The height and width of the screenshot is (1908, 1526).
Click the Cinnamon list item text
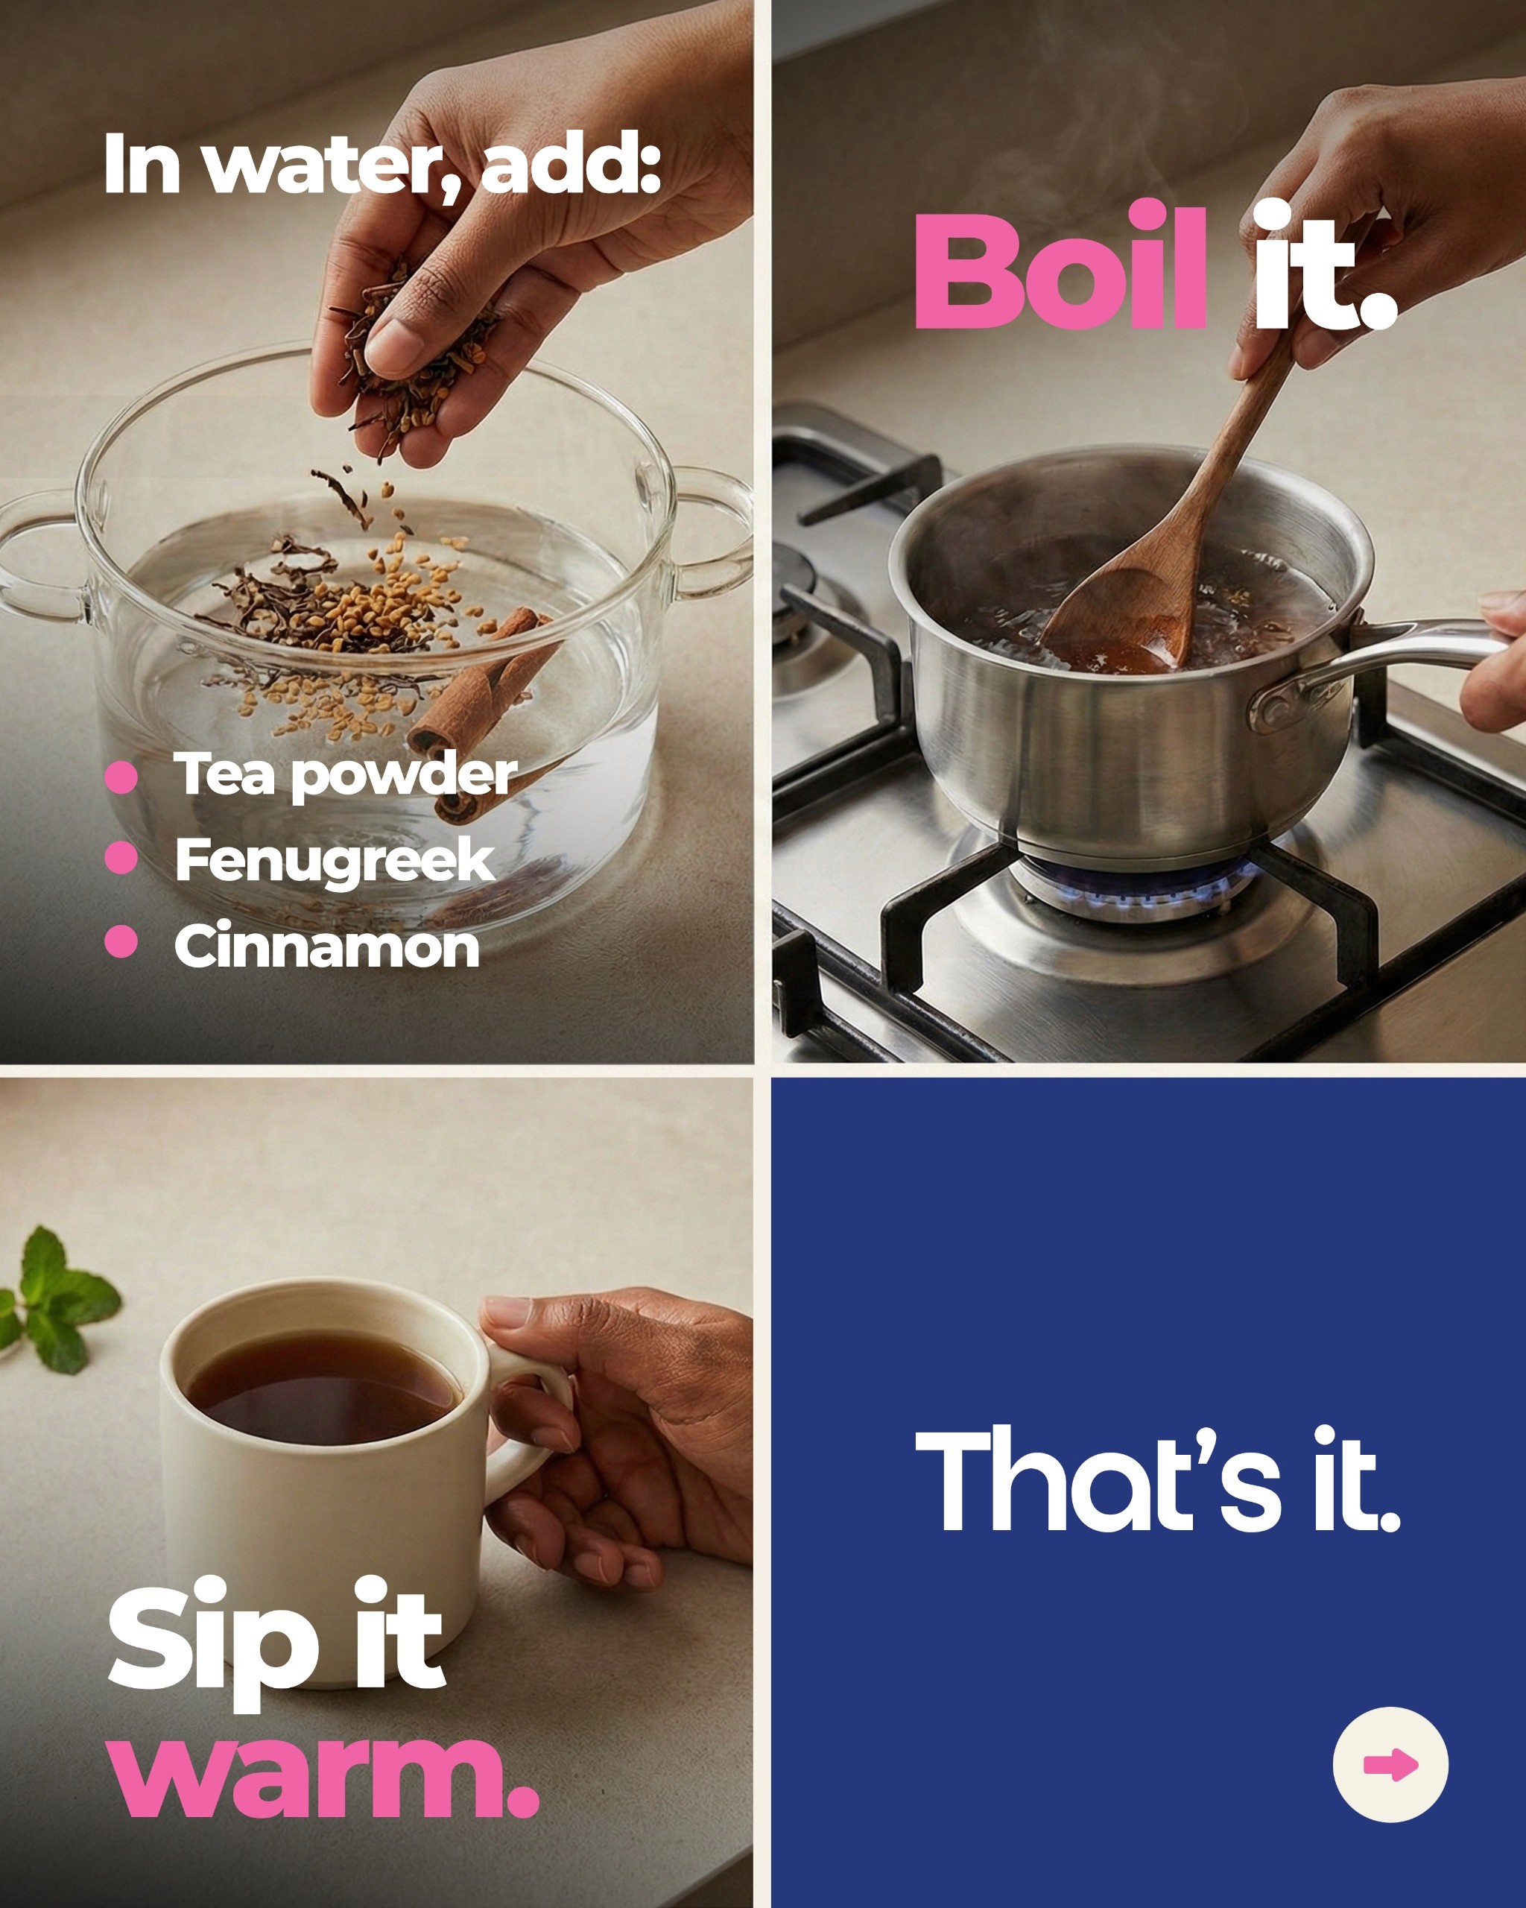point(327,945)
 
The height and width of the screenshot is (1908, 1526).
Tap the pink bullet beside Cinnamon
point(121,941)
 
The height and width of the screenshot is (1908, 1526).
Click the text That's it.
point(1157,1479)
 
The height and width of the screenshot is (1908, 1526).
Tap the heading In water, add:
point(382,165)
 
